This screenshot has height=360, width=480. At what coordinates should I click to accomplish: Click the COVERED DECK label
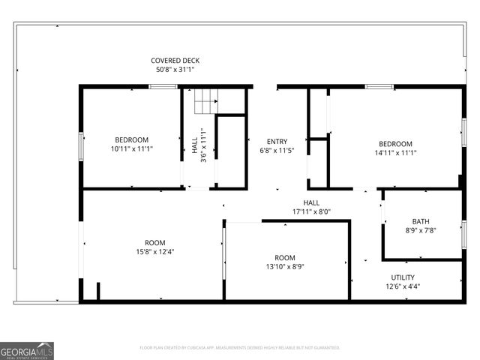(x=175, y=61)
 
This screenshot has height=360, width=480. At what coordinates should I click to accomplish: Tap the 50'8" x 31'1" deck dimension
(x=175, y=70)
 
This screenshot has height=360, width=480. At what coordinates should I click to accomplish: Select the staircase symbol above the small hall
(x=205, y=101)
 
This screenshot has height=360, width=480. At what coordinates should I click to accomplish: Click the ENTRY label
(x=277, y=142)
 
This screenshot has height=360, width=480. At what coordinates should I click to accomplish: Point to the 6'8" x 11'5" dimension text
(x=277, y=151)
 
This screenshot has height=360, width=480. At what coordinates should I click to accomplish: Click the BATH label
(x=421, y=221)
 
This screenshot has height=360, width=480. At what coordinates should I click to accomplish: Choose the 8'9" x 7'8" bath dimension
(x=421, y=230)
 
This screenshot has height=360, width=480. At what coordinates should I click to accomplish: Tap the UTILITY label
(x=403, y=277)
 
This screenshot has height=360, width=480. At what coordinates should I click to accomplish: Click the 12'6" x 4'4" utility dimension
(x=403, y=286)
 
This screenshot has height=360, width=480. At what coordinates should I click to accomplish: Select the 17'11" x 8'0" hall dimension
(x=311, y=211)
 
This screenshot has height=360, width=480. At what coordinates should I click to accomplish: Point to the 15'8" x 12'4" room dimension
(x=155, y=251)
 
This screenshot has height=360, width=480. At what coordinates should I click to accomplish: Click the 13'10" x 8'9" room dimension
(x=284, y=266)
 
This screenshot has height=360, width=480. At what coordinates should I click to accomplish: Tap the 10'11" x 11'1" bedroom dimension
(x=131, y=149)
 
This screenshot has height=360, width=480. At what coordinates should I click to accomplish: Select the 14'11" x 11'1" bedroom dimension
(x=394, y=153)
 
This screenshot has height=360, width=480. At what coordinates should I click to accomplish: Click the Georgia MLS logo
(x=27, y=351)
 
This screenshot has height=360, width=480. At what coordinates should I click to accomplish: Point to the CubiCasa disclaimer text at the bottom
(x=240, y=348)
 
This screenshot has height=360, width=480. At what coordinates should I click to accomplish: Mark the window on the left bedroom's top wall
(x=163, y=87)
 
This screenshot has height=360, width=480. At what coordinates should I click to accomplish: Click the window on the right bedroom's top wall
(x=379, y=87)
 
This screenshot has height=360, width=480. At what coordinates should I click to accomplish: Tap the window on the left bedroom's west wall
(x=81, y=143)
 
